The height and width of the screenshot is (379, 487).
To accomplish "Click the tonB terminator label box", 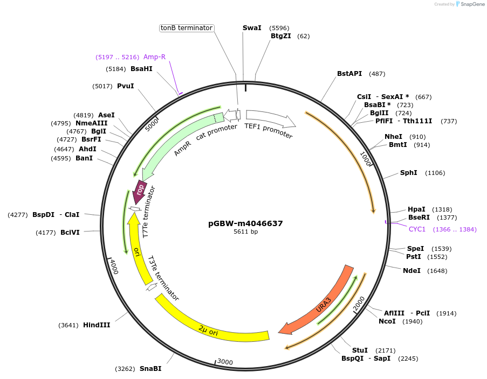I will [x=187, y=28].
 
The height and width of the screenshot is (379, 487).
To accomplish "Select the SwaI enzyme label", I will [x=252, y=27].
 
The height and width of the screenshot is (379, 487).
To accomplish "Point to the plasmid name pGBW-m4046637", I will [x=245, y=223].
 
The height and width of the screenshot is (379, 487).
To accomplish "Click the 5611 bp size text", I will [x=245, y=232].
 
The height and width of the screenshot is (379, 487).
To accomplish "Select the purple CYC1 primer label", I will [x=417, y=229].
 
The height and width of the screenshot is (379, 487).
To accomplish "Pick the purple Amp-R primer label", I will [x=154, y=57].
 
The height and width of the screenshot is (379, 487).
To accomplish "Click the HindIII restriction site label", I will [x=97, y=325].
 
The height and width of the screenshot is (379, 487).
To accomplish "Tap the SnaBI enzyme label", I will [x=150, y=369].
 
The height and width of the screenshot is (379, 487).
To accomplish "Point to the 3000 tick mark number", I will [x=225, y=362].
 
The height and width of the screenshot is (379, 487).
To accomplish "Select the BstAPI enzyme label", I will [x=349, y=74].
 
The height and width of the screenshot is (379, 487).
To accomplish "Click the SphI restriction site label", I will [x=408, y=173].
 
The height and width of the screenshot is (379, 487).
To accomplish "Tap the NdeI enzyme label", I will [x=411, y=271].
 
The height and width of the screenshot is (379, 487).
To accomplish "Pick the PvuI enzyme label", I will [x=125, y=86].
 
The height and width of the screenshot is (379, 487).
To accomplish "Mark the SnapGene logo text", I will [x=470, y=4].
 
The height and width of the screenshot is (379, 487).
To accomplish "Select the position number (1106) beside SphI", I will [x=435, y=173].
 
